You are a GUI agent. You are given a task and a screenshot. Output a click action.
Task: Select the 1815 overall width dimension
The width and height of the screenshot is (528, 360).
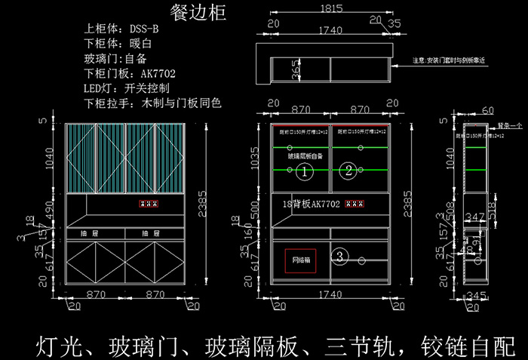coord(331,9)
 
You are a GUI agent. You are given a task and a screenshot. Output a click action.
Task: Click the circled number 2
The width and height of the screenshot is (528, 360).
coord(348,171)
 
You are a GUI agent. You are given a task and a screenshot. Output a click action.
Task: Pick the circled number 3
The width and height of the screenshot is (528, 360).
coord(340,257)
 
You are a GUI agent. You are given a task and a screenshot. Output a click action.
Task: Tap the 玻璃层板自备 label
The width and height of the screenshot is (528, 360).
coord(305,156)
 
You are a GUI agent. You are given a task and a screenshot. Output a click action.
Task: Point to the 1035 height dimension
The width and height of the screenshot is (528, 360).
coord(254,158)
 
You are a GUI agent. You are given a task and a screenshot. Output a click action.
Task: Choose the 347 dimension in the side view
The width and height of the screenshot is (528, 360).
coord(474,217)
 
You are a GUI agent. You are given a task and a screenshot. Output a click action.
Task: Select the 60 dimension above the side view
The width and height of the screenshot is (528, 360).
coord(487,111)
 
